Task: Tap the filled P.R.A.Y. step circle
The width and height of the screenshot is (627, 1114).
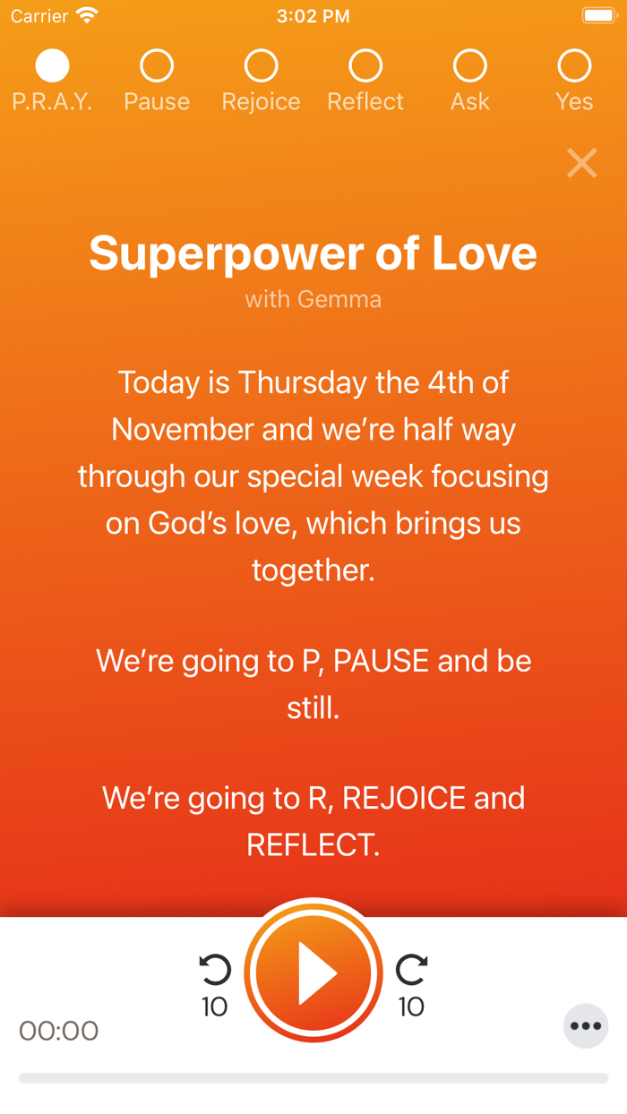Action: [52, 65]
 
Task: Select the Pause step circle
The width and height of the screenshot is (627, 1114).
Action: [157, 65]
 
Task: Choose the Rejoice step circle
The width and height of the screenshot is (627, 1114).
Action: [261, 65]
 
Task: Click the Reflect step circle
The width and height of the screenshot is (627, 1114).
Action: [365, 65]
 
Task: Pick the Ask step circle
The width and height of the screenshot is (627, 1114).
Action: [469, 65]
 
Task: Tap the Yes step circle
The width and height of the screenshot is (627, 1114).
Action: [574, 65]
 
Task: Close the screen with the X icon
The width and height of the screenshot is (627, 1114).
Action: [581, 163]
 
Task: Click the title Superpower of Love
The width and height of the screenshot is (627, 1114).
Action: [313, 253]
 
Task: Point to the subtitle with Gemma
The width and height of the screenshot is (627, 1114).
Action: [313, 299]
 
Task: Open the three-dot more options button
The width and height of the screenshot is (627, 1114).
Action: [586, 1026]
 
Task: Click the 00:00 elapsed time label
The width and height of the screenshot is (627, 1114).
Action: [59, 1031]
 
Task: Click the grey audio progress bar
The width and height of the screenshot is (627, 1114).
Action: [313, 1078]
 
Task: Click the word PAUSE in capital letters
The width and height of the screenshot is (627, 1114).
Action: [381, 661]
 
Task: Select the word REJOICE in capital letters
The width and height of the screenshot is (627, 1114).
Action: [404, 798]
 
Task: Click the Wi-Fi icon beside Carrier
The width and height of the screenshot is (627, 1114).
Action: [87, 16]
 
